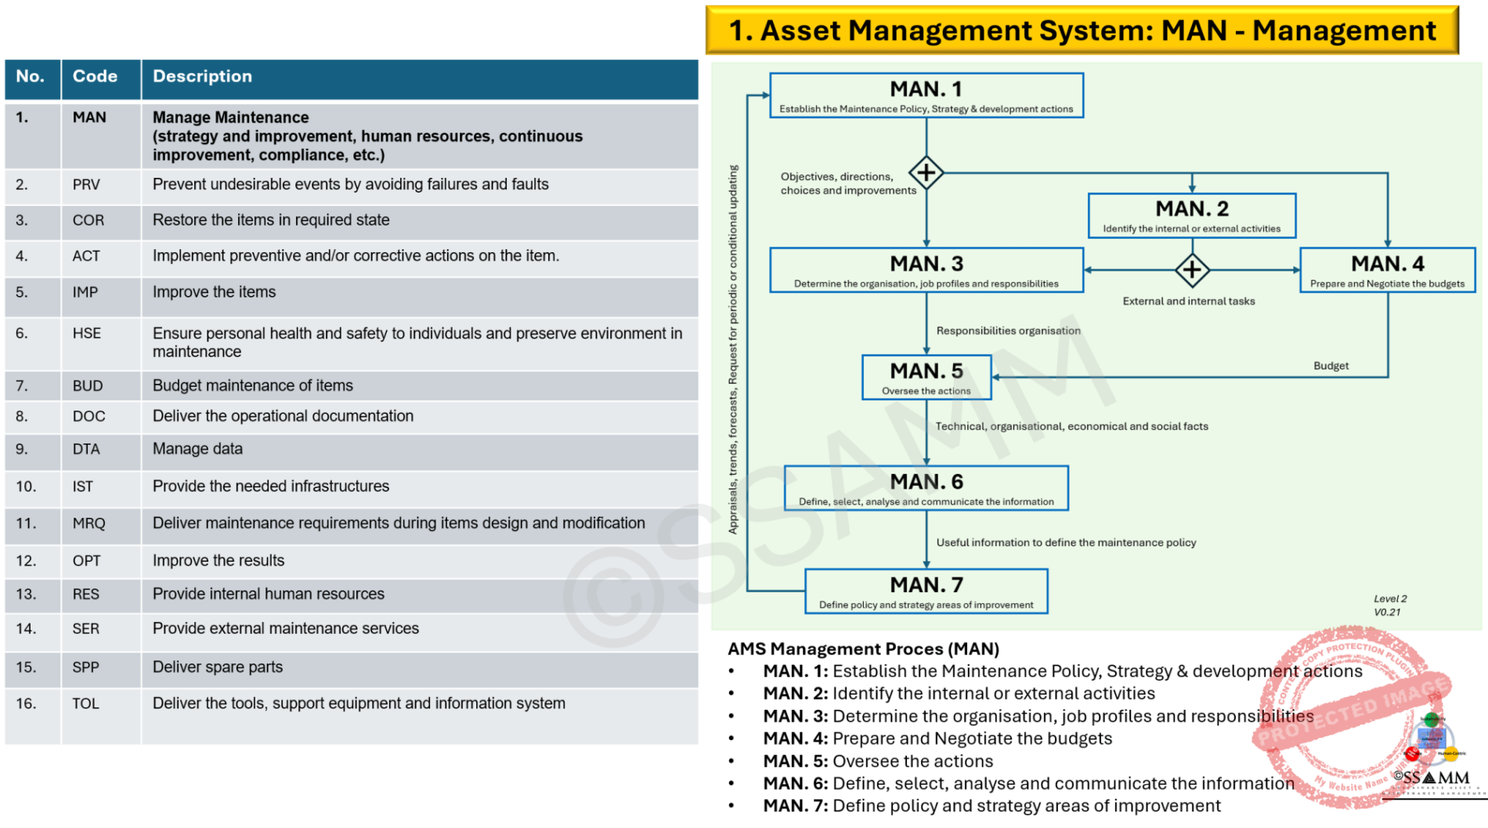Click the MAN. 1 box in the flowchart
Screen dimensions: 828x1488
coord(926,96)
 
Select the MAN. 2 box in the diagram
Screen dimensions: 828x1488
coord(1191,215)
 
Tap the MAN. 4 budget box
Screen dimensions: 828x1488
coord(1387,270)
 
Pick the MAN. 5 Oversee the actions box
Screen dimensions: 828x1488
coord(926,378)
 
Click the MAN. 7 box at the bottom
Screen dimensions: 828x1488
coord(926,591)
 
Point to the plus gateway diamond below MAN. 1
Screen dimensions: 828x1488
coord(926,172)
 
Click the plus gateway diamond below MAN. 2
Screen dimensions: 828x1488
coord(1192,270)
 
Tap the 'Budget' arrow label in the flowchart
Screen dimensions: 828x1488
coord(1331,366)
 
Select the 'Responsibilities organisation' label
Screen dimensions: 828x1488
coord(1008,331)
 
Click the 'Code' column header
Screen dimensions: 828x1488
coord(95,77)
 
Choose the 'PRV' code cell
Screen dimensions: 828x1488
coord(86,185)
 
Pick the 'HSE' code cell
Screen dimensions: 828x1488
coord(87,334)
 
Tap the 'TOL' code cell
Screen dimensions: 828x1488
coord(86,703)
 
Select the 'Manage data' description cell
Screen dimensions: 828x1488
coord(197,449)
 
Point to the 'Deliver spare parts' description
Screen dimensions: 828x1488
coord(218,667)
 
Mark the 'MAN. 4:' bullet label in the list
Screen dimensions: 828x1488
coord(795,739)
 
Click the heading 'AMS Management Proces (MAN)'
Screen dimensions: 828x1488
coord(863,649)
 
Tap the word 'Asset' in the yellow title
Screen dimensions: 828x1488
coord(800,31)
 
